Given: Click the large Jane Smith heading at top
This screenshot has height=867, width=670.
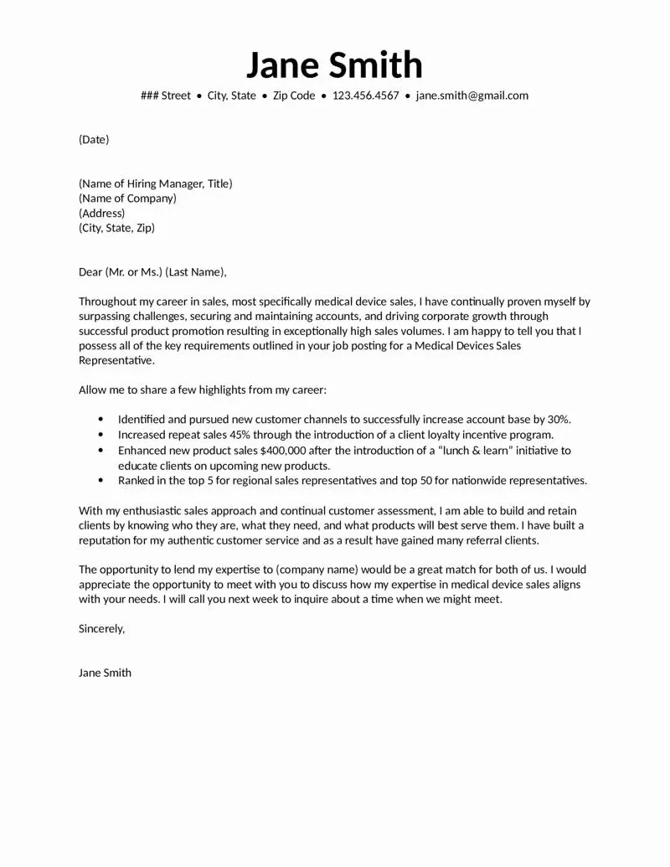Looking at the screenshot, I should click(334, 65).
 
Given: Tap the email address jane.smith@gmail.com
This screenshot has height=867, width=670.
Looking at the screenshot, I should click(472, 95).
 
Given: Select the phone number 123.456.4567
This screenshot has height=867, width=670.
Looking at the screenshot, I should click(366, 95).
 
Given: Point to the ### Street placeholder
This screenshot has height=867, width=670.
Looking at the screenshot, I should click(166, 95).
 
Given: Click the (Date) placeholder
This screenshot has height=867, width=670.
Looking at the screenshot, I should click(94, 140).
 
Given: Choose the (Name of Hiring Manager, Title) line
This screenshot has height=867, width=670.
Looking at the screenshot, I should click(155, 183).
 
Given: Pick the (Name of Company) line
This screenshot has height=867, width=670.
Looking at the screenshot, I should click(127, 199).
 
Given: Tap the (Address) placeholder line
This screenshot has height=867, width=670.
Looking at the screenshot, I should click(101, 214).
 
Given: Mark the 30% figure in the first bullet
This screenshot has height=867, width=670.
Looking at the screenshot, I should click(559, 420).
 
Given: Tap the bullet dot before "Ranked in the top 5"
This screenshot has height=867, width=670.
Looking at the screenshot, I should click(101, 481).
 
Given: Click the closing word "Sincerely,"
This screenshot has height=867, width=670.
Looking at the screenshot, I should click(101, 628).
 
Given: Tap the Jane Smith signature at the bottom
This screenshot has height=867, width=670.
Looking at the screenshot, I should click(105, 673).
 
